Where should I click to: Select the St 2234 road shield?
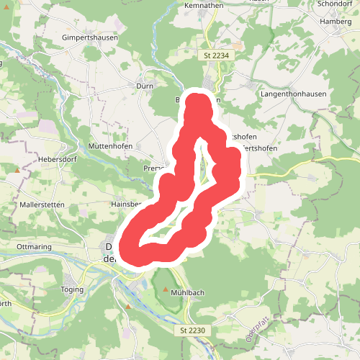(212, 55)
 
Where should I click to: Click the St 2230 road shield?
(189, 330)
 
